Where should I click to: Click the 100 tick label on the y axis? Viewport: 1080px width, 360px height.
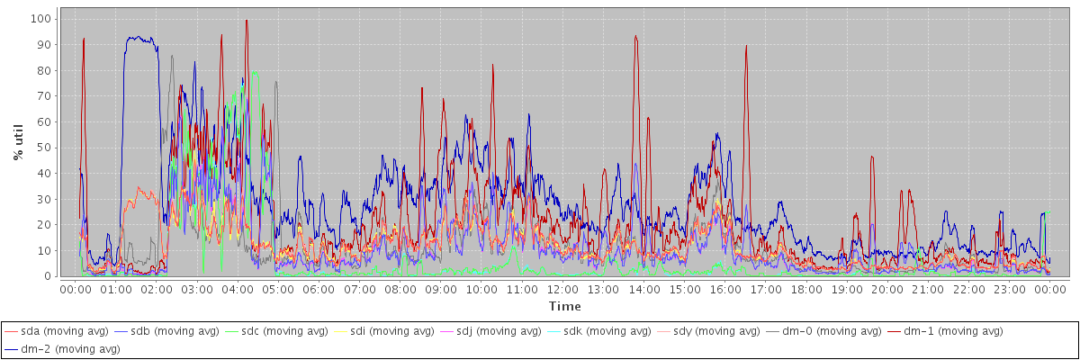40,19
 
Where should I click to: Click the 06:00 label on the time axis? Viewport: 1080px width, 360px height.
318,290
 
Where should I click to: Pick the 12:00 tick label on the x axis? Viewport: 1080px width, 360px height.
562,290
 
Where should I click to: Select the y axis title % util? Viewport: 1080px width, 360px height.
18,142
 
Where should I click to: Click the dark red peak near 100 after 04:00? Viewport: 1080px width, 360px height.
246,21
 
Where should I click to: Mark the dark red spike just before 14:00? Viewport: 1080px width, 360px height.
635,37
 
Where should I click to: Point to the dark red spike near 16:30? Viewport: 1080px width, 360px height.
746,46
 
